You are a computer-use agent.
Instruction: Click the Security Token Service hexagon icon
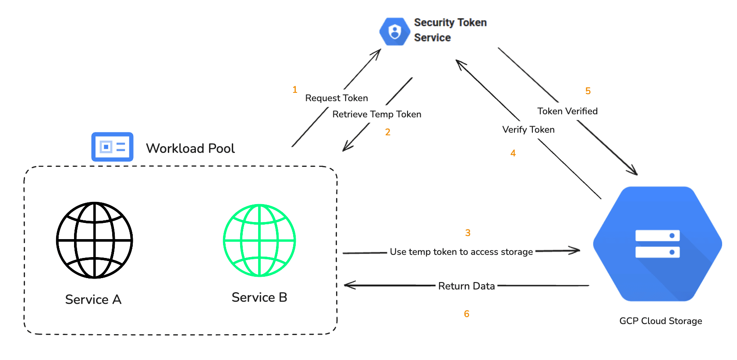coord(394,32)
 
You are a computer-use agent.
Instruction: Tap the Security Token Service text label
coord(450,30)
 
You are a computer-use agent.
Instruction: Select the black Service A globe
coord(95,240)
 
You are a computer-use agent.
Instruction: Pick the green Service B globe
coord(259,240)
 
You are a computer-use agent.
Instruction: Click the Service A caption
coord(93,300)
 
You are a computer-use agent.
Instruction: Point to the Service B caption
coord(259,297)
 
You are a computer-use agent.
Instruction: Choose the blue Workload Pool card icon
coord(112,147)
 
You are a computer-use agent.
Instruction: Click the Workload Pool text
coord(190,148)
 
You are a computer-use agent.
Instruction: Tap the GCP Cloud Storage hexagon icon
coord(657,244)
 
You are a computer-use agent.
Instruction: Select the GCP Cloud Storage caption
coord(660,321)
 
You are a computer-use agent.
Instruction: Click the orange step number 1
coord(295,90)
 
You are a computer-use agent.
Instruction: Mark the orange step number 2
coord(388,132)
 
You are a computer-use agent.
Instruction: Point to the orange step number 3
coord(468,233)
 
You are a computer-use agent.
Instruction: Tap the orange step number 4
coord(513,153)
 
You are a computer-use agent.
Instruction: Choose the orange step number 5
coord(588,91)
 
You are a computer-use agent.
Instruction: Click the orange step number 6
coord(467,314)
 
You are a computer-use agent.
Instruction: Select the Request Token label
coord(337,98)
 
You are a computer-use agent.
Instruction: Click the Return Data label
coord(466,286)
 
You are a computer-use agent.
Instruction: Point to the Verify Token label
coord(528,130)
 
